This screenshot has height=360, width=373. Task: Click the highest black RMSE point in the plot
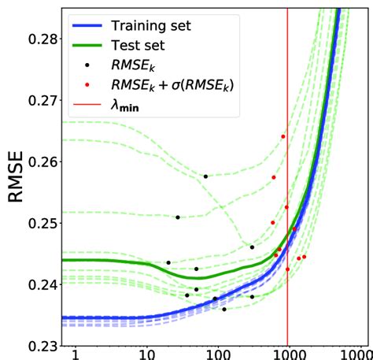[205, 176]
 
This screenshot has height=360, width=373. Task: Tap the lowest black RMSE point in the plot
[224, 309]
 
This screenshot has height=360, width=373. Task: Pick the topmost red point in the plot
[283, 136]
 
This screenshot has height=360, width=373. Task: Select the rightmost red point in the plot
[304, 257]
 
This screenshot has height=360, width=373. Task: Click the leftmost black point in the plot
[168, 262]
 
